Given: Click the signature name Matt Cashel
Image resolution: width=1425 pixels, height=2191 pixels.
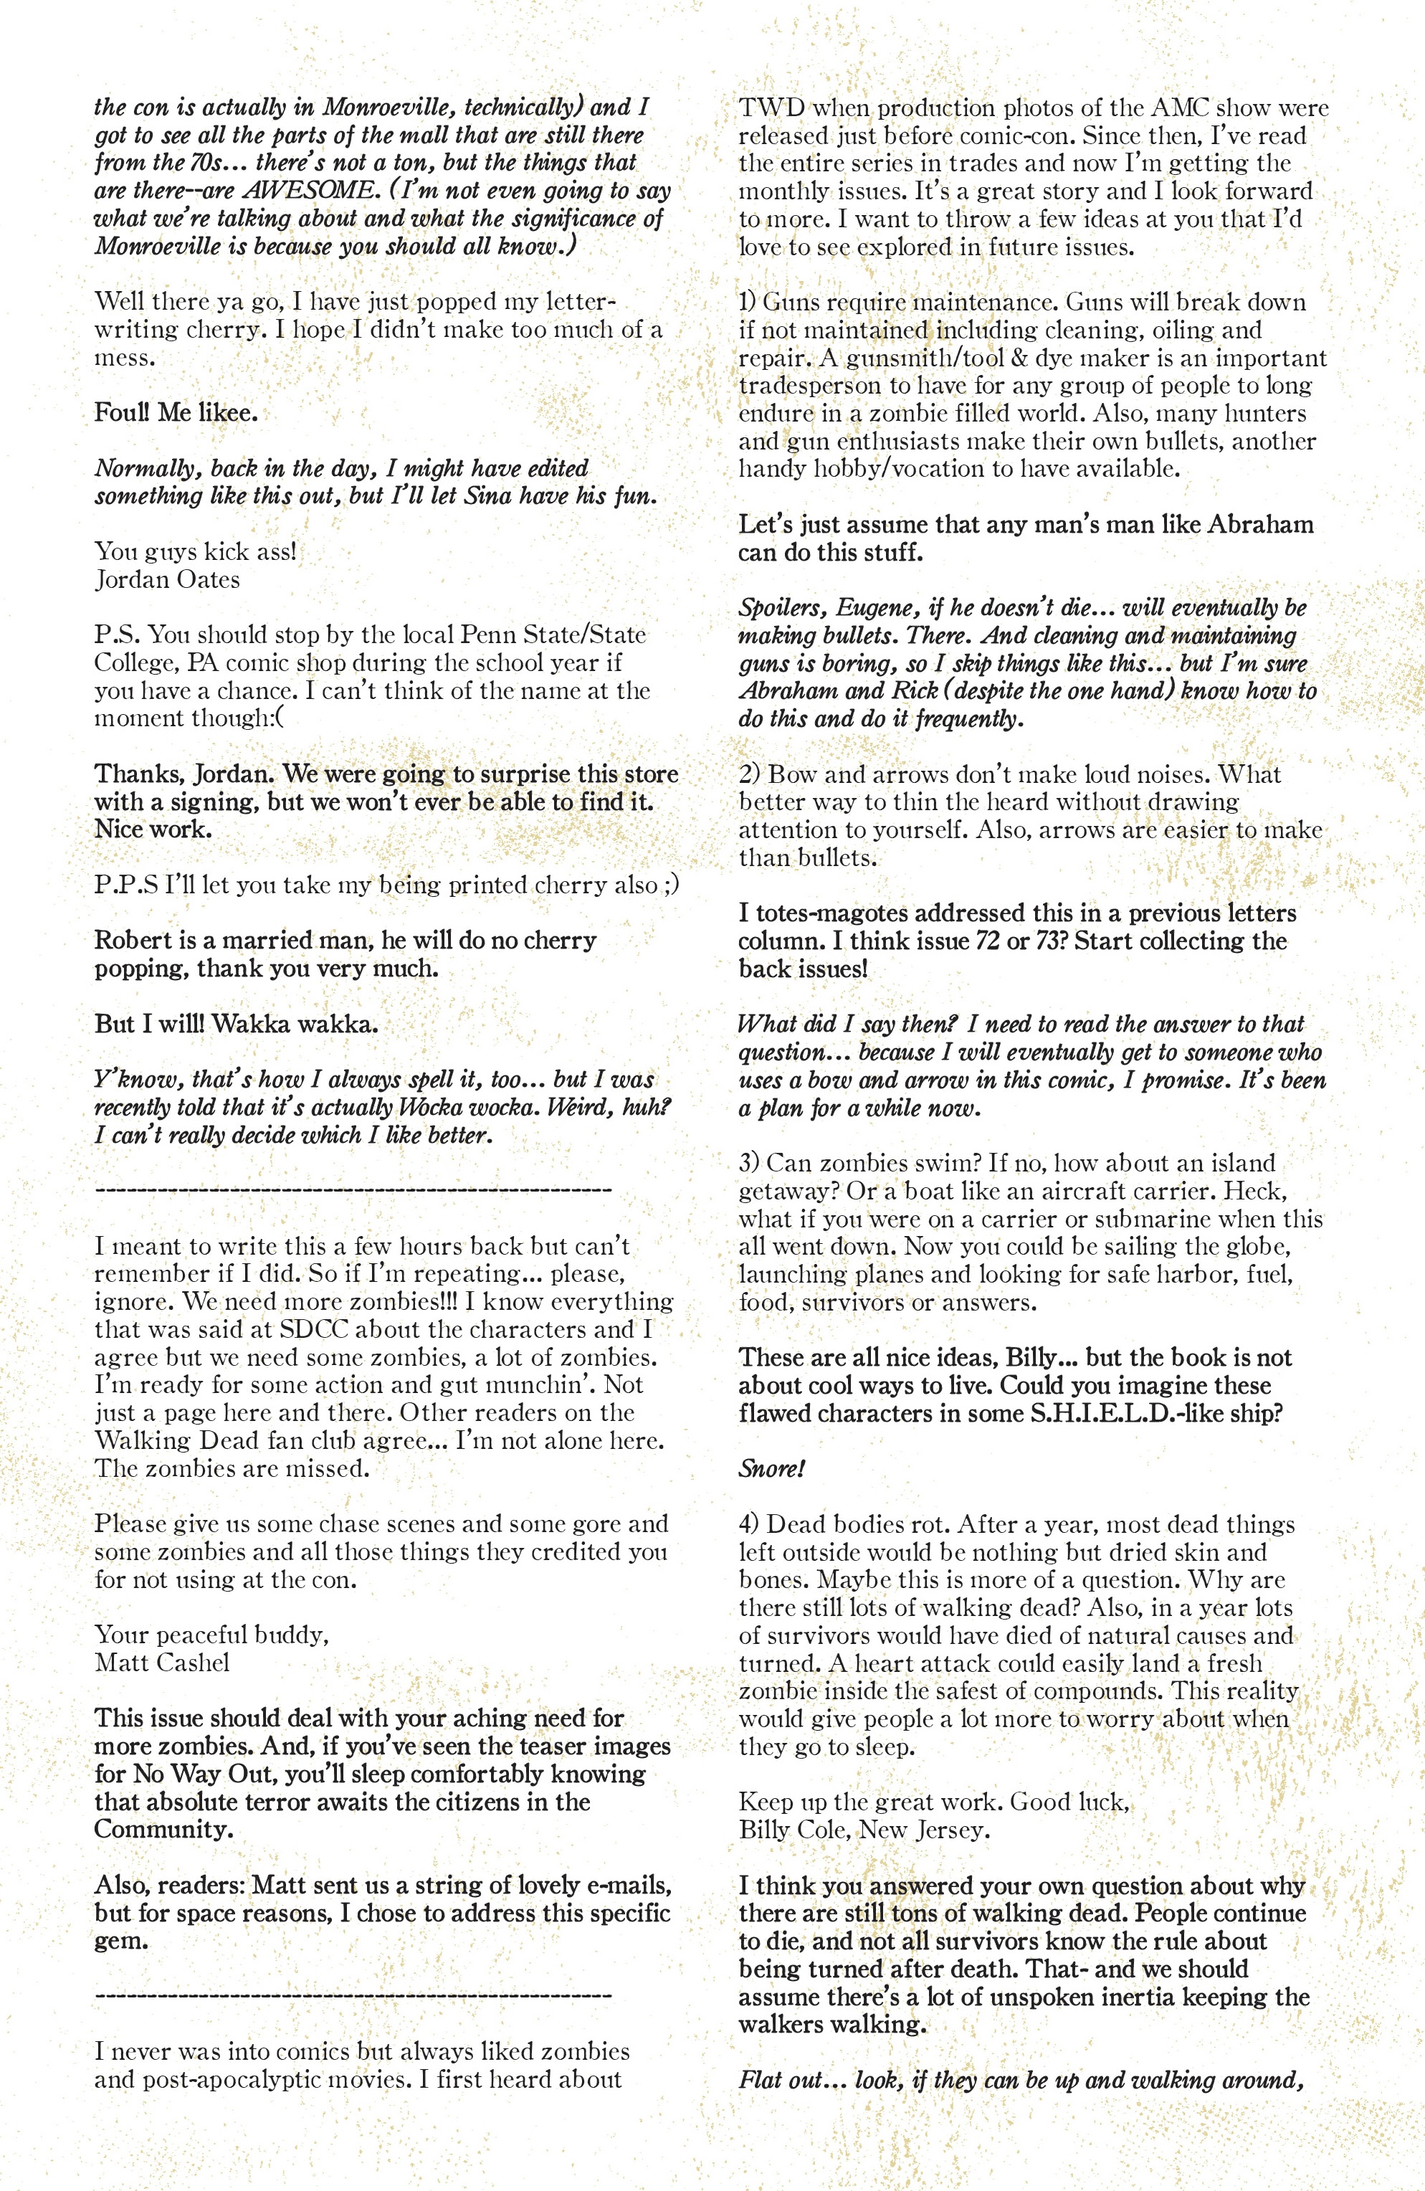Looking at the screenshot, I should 162,1663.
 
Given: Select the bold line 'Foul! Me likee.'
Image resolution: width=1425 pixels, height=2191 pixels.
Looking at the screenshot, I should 176,412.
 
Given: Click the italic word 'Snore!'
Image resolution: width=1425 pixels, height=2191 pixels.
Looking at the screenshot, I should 771,1468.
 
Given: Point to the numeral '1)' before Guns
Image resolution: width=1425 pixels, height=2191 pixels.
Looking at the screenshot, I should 748,302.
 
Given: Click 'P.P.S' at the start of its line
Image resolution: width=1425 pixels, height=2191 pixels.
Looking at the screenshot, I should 125,885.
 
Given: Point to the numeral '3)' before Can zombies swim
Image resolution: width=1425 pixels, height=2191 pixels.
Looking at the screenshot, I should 749,1163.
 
